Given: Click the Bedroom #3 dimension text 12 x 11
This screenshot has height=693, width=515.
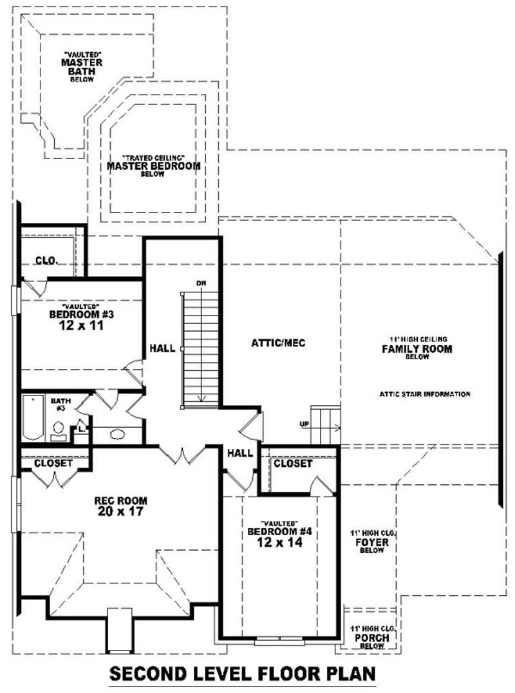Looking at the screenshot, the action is (81, 326).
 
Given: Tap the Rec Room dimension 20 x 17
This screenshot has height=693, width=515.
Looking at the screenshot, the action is (120, 511).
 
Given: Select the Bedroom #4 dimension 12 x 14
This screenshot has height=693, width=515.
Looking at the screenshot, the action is (279, 542).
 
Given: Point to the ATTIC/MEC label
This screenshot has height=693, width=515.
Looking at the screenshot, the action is (278, 343).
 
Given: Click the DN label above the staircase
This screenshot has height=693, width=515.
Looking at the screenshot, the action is (201, 283).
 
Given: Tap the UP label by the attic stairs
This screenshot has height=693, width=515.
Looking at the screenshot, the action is (304, 424).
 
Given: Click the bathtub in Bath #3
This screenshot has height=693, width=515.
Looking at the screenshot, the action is (33, 417).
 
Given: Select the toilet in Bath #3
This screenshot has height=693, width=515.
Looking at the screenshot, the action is (59, 431).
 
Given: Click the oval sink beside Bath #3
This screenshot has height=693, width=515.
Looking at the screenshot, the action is (117, 435).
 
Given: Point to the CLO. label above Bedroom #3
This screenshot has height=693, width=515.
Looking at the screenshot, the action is (46, 261).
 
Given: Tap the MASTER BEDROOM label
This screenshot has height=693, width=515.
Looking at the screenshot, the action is (153, 166).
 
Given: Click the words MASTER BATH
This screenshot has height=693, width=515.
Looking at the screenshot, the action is (82, 67).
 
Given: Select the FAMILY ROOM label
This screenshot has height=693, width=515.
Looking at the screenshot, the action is (417, 349).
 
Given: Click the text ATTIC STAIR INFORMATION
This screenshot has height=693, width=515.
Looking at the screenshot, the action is (425, 394).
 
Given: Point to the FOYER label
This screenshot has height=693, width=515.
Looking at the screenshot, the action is (372, 542).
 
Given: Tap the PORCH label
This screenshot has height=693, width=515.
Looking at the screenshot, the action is (372, 638).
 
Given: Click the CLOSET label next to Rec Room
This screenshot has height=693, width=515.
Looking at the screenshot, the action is (53, 463).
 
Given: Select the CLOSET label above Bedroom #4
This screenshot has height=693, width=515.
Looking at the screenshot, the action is (293, 464).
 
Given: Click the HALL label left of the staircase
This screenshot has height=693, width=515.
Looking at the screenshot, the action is (162, 348).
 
